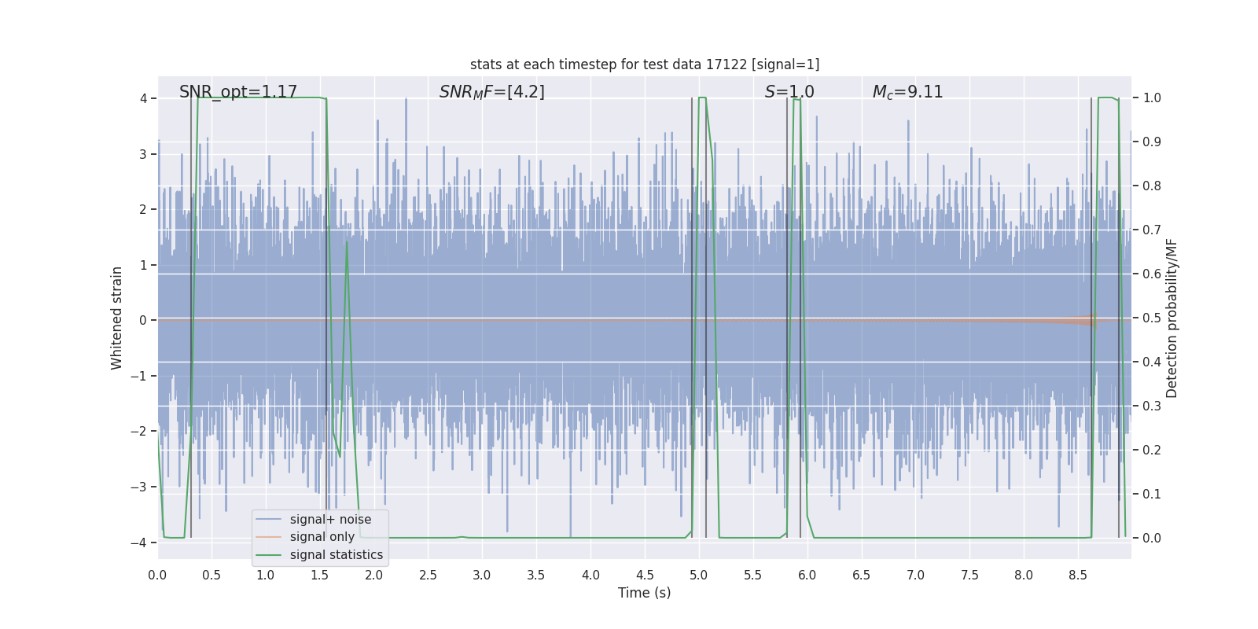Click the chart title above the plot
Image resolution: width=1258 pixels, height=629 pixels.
[645, 64]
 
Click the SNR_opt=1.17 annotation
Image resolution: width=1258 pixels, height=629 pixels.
[237, 92]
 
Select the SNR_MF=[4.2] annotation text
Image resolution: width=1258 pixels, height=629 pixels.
[491, 92]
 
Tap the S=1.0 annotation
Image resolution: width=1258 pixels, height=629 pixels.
[789, 92]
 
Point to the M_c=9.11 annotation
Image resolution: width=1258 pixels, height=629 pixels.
[907, 92]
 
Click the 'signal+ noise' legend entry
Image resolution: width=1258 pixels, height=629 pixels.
[330, 520]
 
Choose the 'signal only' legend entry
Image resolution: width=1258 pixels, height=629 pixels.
[322, 537]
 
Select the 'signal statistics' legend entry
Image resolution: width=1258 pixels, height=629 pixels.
[336, 555]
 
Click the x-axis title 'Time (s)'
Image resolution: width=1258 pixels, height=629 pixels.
[644, 593]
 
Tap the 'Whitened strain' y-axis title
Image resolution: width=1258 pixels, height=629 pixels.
[117, 318]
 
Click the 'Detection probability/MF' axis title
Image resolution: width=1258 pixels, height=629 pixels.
[1172, 318]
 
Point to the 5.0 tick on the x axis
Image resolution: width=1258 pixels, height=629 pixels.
[698, 576]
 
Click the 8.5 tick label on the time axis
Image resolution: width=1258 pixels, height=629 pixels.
[1077, 576]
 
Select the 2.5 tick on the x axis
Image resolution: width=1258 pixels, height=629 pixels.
[428, 576]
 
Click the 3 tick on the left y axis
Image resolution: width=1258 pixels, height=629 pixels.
[143, 154]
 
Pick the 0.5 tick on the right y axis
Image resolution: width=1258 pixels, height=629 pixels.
[1152, 318]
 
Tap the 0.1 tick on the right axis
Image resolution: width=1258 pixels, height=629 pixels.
[1152, 495]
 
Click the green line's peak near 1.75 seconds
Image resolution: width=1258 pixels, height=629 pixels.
[347, 242]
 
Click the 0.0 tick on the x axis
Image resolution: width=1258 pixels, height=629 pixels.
[157, 576]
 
